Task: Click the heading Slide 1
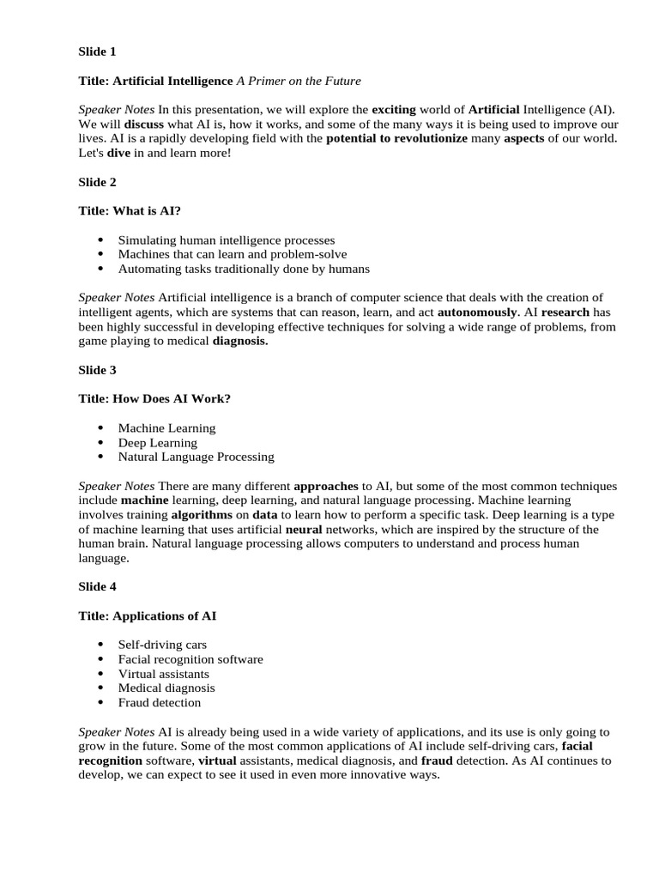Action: point(98,52)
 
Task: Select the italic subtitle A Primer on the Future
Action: point(299,81)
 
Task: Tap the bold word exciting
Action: point(393,110)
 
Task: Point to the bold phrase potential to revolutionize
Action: point(397,138)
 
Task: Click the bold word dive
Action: point(118,153)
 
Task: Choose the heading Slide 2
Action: point(98,182)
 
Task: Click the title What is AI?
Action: point(130,211)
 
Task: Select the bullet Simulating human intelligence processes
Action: point(227,240)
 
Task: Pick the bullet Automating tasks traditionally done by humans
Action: point(244,269)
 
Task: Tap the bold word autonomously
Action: point(478,312)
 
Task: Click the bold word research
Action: point(565,312)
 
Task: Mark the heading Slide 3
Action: point(98,370)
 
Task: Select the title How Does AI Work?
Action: point(154,399)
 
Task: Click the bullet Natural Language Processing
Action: point(196,457)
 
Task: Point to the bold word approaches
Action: point(326,486)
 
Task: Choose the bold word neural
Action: point(304,530)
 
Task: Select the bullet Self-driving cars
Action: point(162,645)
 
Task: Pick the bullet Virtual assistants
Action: point(164,674)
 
